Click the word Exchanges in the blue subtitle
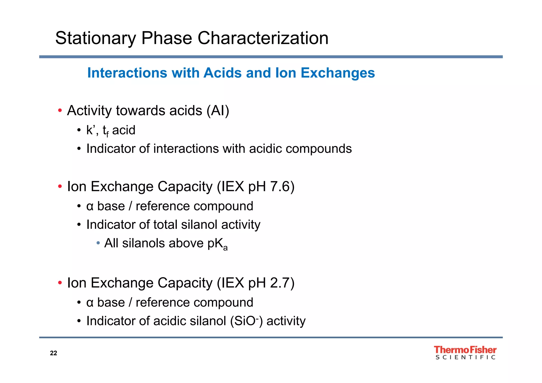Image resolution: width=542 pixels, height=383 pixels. click(338, 73)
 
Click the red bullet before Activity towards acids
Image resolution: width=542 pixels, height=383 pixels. click(60, 110)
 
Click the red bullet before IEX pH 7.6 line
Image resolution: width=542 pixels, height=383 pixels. click(60, 186)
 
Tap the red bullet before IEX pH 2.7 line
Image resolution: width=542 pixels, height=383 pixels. click(60, 283)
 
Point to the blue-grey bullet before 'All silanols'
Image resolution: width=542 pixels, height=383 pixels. click(98, 243)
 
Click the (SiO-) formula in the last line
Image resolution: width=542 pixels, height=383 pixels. click(246, 321)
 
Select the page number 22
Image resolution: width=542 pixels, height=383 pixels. click(53, 353)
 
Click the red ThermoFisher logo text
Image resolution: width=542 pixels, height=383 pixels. click(465, 350)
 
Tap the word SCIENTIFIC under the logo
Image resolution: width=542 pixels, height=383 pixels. click(465, 357)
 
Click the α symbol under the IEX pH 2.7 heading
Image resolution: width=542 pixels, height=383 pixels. click(90, 303)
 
